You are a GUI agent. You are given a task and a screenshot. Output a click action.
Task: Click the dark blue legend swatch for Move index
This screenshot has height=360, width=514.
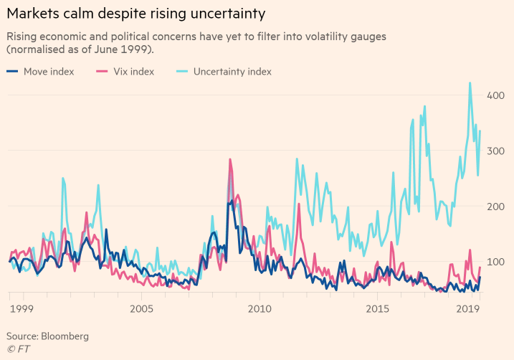(x=13, y=72)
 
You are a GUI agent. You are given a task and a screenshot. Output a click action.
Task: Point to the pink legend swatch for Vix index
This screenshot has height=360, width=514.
(x=101, y=72)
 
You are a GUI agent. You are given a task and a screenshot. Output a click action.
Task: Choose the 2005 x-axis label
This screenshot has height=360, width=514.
(x=141, y=308)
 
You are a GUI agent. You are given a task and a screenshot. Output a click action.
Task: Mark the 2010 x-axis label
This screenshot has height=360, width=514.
(x=259, y=308)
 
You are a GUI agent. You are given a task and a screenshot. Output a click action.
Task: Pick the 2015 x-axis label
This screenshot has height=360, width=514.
(x=377, y=308)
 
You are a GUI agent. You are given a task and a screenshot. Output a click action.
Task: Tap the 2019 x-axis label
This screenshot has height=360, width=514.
(x=468, y=308)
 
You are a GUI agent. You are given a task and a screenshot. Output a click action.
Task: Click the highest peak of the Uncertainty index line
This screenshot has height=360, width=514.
(x=470, y=82)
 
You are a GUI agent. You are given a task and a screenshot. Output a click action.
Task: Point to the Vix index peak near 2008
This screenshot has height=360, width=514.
(x=230, y=159)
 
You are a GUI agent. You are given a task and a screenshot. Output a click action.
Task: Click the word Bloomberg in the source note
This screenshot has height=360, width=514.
(x=65, y=336)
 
